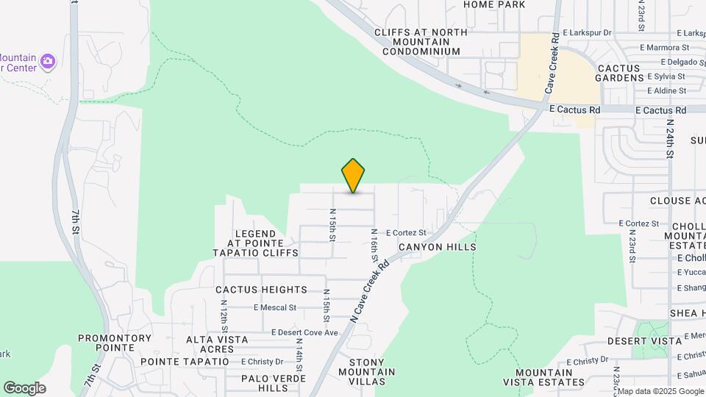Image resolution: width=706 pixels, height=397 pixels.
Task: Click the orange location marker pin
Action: coord(353,176)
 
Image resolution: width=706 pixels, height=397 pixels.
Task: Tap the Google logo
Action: coord(24,388)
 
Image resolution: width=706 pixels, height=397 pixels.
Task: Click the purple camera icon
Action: coord(49,60)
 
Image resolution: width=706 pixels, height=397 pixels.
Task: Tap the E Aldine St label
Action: coord(666,90)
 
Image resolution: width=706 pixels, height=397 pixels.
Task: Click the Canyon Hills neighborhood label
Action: coord(438,247)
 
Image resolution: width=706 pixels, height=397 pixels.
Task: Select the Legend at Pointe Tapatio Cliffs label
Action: coord(255,243)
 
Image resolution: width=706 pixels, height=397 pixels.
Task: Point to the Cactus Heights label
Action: coord(261,290)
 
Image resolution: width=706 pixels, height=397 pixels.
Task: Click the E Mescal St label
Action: coord(274,308)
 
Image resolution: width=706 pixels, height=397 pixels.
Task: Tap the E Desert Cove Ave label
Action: coord(304,333)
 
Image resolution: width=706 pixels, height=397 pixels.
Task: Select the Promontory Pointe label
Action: coord(115,343)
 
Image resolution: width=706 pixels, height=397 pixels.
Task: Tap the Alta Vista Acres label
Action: coord(217,344)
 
